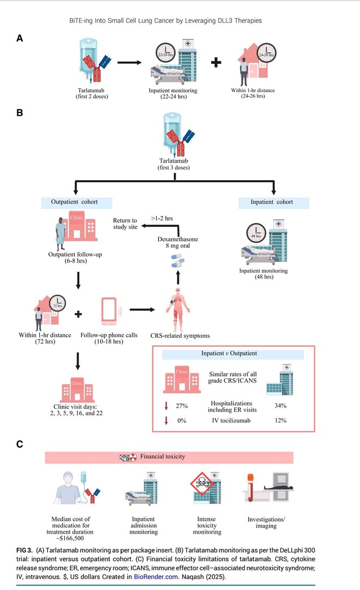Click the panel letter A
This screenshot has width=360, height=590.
[20, 38]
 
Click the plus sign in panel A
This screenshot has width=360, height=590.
[217, 62]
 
